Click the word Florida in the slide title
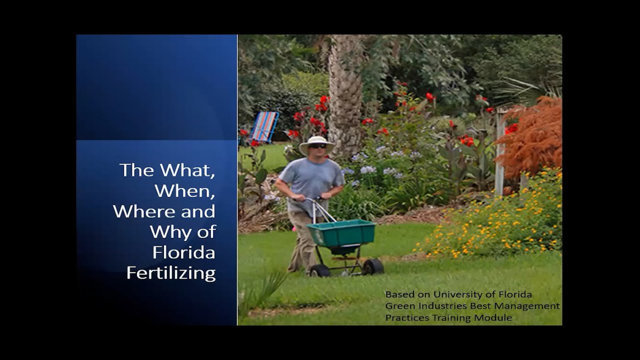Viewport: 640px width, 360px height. (183, 252)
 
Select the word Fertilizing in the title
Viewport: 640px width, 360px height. (171, 273)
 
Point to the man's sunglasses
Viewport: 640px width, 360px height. (317, 146)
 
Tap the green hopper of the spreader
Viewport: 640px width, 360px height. (341, 232)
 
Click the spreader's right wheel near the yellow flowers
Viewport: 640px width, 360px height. (373, 266)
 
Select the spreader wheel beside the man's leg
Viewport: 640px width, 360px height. (320, 270)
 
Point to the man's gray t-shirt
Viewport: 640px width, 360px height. (311, 177)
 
